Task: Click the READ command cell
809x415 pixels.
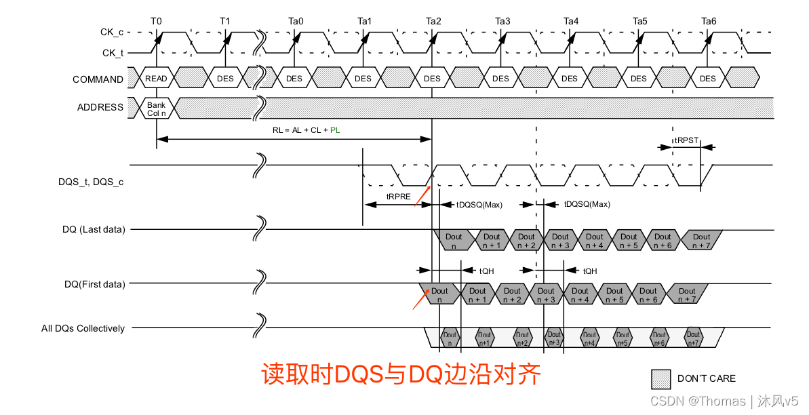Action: point(156,79)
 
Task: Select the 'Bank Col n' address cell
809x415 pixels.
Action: point(156,108)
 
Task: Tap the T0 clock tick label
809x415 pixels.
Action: point(156,21)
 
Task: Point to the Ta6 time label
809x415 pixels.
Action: point(709,21)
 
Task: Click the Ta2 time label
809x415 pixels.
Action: point(433,21)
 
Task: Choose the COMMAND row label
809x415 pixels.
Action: point(98,79)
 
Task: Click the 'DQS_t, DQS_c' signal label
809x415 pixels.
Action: point(91,182)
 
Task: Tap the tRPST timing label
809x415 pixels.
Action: point(686,140)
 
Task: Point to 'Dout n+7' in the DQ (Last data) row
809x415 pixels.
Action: point(702,241)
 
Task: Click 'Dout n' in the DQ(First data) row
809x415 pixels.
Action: point(439,295)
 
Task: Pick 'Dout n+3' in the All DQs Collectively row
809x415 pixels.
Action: point(555,338)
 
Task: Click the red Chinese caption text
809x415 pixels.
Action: point(401,374)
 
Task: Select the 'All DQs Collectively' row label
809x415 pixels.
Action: point(83,328)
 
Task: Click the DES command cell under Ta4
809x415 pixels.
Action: point(570,79)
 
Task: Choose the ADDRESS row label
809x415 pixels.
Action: point(100,107)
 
